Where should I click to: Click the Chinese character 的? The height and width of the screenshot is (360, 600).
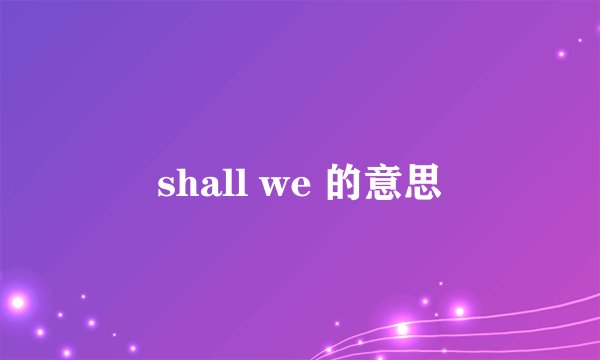(340, 185)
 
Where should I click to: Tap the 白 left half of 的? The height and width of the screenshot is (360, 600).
(332, 186)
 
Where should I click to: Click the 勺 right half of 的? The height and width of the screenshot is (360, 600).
(348, 185)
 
